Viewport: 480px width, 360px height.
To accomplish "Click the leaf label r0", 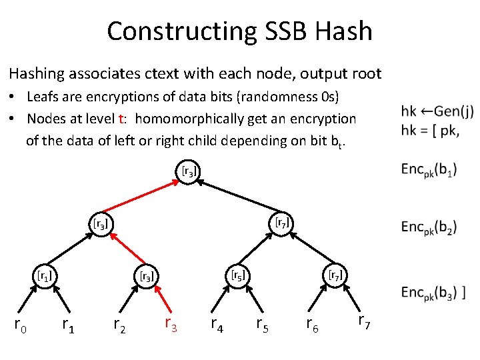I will [21, 325].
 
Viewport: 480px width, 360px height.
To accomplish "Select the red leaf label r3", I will [171, 325].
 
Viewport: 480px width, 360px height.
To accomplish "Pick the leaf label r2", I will [120, 325].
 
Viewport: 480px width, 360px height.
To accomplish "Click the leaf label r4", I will [217, 325].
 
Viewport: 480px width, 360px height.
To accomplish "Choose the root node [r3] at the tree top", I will [189, 171].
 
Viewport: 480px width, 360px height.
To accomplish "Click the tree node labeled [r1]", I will [45, 274].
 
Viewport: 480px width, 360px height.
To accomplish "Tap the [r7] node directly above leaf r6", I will [335, 274].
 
